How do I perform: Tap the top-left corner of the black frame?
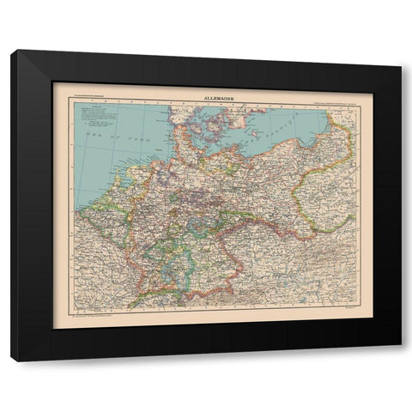click(x=12, y=51)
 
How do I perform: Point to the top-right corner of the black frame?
click(x=400, y=51)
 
